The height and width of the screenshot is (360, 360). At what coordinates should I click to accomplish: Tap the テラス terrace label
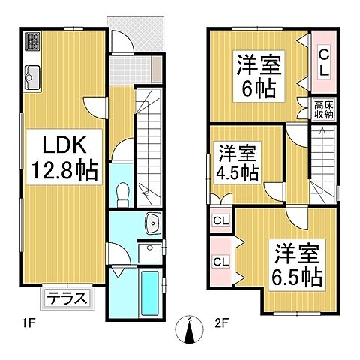67,298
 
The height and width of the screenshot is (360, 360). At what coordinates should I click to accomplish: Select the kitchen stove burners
34,43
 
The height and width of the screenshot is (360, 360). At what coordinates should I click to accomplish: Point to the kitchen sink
33,75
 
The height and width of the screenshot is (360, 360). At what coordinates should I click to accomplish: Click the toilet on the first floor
124,192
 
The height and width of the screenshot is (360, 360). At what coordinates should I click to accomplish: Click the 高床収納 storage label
323,109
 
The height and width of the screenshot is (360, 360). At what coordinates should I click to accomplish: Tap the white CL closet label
221,221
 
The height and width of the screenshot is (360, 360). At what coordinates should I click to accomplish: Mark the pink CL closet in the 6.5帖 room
221,261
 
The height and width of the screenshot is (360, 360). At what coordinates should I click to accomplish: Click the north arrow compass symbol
189,328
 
